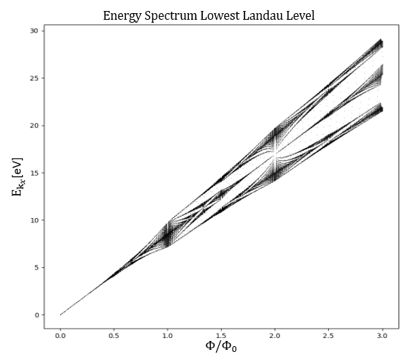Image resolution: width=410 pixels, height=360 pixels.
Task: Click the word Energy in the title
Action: [x=122, y=16]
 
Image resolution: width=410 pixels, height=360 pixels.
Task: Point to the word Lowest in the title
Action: [x=220, y=15]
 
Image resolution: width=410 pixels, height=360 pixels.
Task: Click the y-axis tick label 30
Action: [x=34, y=31]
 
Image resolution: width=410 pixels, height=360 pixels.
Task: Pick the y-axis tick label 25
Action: [x=34, y=78]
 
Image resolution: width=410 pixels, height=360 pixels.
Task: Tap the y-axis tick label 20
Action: [x=34, y=125]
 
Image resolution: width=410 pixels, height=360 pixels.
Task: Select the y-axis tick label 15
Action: [x=34, y=173]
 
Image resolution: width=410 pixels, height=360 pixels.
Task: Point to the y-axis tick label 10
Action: [x=34, y=220]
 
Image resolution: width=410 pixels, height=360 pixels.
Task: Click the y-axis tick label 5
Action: [x=36, y=268]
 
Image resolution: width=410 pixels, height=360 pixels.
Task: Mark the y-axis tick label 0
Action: [x=36, y=315]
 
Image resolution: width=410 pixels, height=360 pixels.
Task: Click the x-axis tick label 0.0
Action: [x=60, y=336]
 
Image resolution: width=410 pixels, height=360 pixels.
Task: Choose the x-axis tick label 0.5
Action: [x=114, y=336]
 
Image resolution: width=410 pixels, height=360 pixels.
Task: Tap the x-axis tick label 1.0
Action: [x=168, y=336]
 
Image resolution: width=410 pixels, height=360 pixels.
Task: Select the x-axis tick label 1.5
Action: [x=221, y=336]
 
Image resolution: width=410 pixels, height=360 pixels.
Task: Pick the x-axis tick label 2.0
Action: [x=275, y=336]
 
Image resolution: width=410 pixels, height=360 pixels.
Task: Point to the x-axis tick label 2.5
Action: [x=329, y=336]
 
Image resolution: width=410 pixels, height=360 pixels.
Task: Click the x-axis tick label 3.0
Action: [x=382, y=336]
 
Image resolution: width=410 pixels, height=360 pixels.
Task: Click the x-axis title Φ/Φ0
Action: [x=221, y=346]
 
